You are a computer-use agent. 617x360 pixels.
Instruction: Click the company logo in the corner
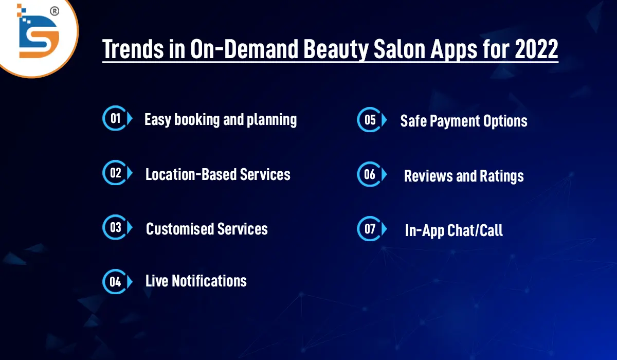coord(38,32)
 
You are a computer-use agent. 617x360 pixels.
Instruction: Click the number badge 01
coord(115,119)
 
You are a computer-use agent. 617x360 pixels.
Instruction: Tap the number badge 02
coord(115,173)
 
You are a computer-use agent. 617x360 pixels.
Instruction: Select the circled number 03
coord(115,227)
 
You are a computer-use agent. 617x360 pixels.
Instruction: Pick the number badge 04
coord(115,281)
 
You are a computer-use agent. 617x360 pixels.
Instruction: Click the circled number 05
coord(370,120)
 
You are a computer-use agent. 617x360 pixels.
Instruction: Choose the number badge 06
coord(370,174)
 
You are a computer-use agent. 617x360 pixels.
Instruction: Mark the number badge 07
coord(370,229)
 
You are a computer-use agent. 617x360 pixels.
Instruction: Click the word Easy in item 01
coord(158,120)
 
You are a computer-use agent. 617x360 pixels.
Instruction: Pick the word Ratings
coord(502,176)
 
